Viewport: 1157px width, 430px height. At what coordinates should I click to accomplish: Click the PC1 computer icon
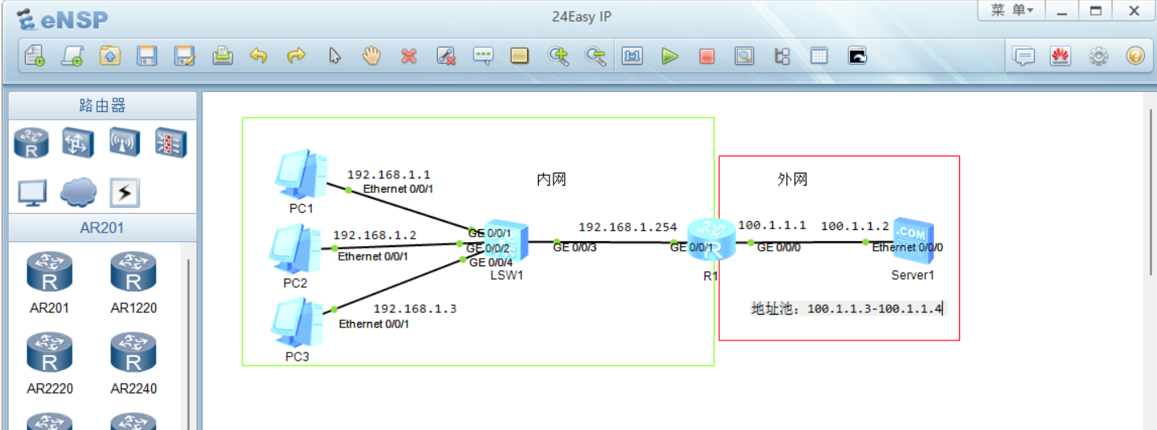(x=300, y=174)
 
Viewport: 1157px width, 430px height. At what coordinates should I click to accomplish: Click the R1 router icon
(x=709, y=240)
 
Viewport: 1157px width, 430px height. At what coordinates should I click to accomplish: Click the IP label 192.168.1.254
(x=628, y=228)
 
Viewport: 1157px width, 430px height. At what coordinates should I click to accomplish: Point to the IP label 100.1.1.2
(x=854, y=227)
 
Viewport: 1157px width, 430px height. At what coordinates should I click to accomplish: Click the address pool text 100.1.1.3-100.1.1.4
(x=874, y=308)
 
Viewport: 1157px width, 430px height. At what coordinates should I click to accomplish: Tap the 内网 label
(x=551, y=179)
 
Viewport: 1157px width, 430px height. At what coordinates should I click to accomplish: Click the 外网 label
(x=792, y=179)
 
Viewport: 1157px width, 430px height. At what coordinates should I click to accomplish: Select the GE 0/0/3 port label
(x=574, y=248)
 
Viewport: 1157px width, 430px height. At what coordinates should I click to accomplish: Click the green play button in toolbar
(x=670, y=56)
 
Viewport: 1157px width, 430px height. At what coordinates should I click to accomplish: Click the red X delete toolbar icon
(x=409, y=56)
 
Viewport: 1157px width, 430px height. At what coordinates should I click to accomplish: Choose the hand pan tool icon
(x=371, y=56)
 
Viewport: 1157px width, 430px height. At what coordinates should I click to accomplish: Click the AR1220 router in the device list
(x=133, y=274)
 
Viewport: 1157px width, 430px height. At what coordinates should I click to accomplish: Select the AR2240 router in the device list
(x=133, y=355)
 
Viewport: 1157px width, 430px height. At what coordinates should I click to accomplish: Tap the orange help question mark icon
(x=1135, y=56)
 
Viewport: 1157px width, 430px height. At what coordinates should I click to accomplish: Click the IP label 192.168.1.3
(x=414, y=309)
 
